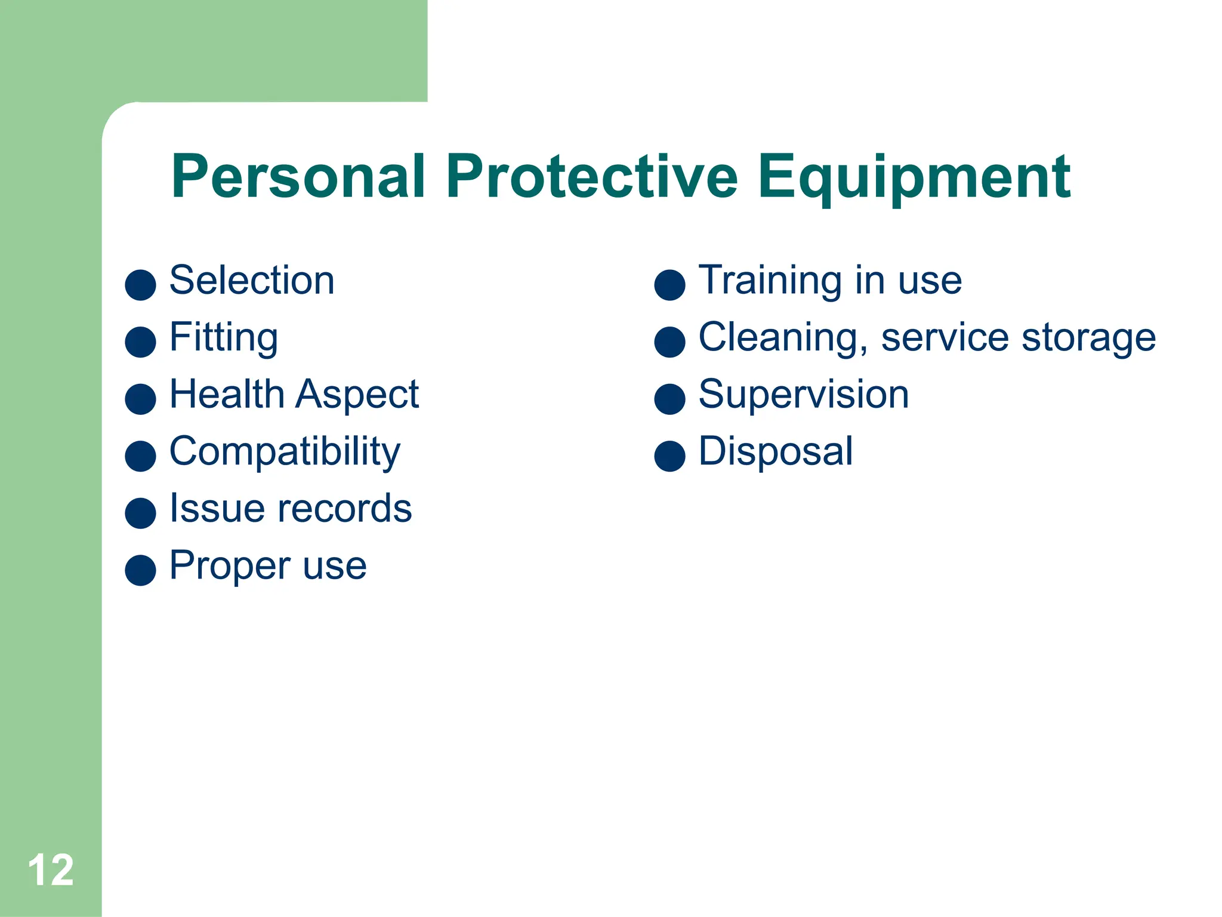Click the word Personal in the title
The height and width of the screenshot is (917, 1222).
298,177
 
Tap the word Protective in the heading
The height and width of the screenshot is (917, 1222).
592,177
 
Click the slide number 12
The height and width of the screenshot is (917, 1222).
51,870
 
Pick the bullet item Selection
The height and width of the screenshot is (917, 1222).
252,280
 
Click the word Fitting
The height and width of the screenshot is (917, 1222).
224,338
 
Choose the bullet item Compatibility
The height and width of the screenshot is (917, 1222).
285,452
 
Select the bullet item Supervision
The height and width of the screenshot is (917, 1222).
804,395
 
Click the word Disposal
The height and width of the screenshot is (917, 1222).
776,452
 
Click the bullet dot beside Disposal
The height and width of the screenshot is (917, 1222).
669,456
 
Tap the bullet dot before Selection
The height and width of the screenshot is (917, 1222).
140,285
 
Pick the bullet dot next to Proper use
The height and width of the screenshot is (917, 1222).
140,570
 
